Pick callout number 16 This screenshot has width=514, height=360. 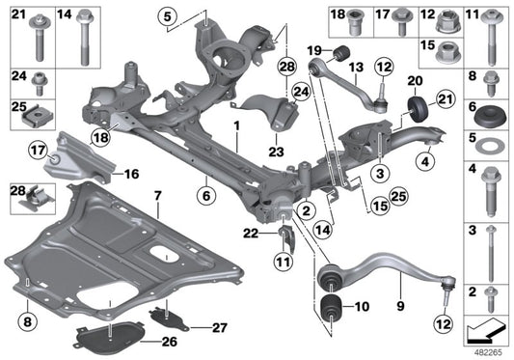click(x=131, y=175)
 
